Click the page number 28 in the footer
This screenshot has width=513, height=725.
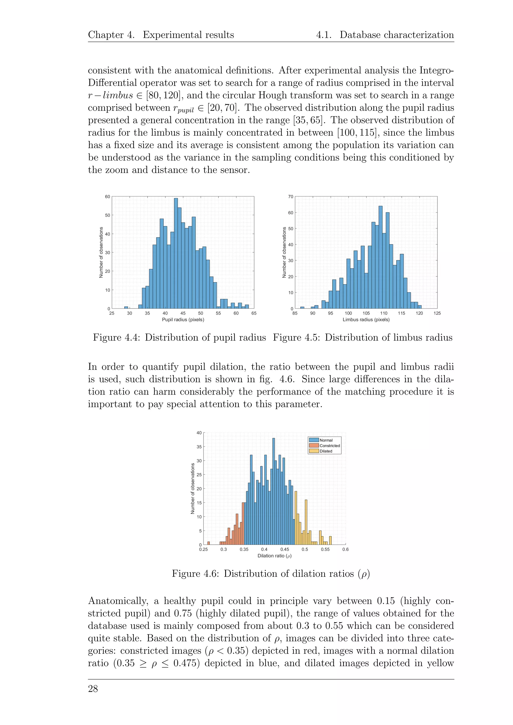pos(93,689)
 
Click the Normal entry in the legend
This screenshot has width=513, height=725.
pos(326,440)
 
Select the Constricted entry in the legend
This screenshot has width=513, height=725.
pos(329,446)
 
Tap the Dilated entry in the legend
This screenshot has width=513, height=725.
pos(326,451)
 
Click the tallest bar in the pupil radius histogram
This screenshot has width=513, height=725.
pos(176,253)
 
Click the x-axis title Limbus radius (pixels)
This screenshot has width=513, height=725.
pos(366,319)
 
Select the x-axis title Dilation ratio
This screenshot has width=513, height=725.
pos(274,556)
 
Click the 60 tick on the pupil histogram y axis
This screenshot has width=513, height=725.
pos(108,197)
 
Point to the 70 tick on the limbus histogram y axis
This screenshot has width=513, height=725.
pos(291,197)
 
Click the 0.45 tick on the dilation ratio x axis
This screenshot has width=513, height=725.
pos(284,550)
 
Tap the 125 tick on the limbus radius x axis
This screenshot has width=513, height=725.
pos(437,313)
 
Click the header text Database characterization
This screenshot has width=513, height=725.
pos(397,35)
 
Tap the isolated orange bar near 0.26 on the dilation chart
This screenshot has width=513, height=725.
pos(208,543)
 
